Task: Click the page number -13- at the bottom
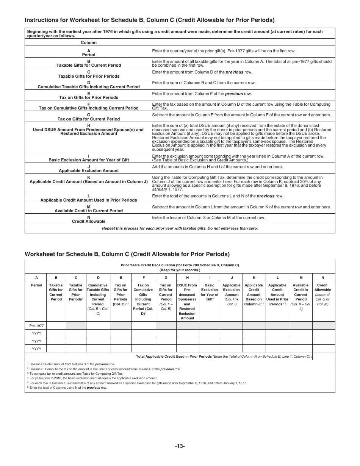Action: coord(180,446)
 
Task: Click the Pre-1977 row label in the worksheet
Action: coord(36,325)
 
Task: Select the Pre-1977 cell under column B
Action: coord(56,325)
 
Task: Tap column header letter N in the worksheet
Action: coord(322,277)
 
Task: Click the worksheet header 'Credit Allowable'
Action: coord(322,288)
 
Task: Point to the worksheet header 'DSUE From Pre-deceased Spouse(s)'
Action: coord(187,290)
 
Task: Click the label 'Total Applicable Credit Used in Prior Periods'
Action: coord(174,356)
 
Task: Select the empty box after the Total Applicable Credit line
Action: coord(324,356)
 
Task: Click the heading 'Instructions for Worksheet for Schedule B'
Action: coord(149,20)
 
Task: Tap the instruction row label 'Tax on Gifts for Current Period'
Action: coord(89,119)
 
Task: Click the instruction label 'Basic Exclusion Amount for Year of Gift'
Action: coord(89,160)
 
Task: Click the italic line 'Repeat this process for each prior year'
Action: coord(180,228)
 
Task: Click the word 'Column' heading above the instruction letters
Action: coord(89,42)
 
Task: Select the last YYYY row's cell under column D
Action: coord(98,349)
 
